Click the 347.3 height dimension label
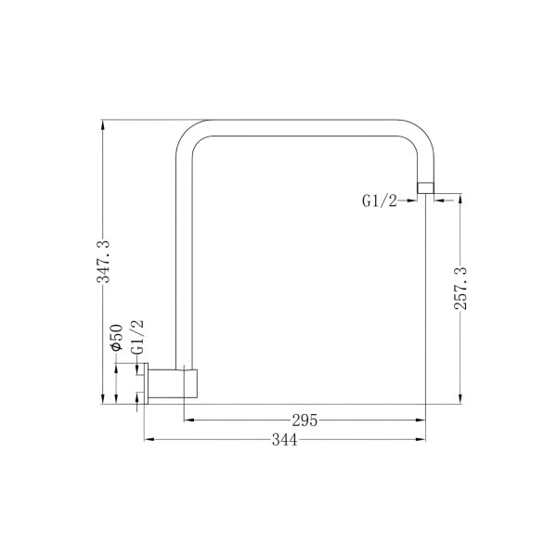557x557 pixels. click(104, 261)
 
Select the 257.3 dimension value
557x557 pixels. click(461, 289)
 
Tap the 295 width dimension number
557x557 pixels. click(304, 421)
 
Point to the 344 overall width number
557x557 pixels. click(285, 440)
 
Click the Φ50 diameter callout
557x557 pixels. click(117, 338)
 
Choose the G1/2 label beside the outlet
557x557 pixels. click(379, 201)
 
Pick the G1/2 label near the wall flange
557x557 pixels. click(137, 337)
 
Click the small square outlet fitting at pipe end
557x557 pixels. click(425, 188)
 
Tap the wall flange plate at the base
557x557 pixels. click(146, 383)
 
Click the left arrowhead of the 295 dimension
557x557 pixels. click(188, 421)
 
